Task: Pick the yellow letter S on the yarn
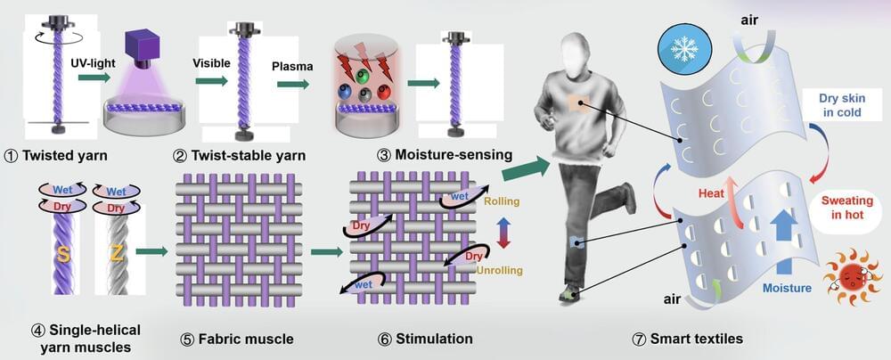[65, 254]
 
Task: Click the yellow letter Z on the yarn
[118, 254]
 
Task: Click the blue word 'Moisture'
[787, 288]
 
